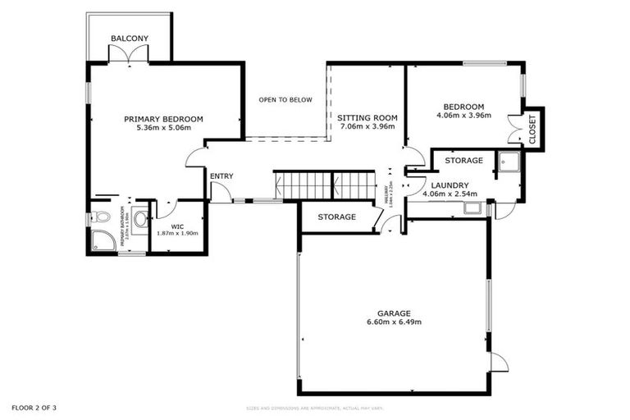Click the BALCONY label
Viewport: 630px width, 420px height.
[x=130, y=39]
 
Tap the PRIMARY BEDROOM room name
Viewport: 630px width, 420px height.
[x=163, y=119]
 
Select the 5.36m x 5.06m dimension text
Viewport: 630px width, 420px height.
[x=163, y=128]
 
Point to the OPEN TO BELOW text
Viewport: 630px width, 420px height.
[x=285, y=100]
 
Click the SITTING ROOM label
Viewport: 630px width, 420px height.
[x=367, y=119]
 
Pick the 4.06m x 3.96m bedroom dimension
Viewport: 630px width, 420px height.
[x=463, y=116]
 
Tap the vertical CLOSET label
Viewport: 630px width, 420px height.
[x=532, y=130]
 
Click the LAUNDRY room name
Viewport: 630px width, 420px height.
[x=449, y=185]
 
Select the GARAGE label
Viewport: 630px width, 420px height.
[x=394, y=313]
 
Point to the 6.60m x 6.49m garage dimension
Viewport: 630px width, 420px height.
[x=394, y=322]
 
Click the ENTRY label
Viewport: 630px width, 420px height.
[x=221, y=176]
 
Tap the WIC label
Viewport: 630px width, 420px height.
[x=177, y=226]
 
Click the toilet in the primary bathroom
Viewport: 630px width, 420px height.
[x=100, y=217]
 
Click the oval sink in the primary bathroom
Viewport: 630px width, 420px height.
[x=140, y=219]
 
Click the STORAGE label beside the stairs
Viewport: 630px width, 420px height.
[x=337, y=217]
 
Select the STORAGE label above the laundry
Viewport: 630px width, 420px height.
[x=463, y=161]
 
